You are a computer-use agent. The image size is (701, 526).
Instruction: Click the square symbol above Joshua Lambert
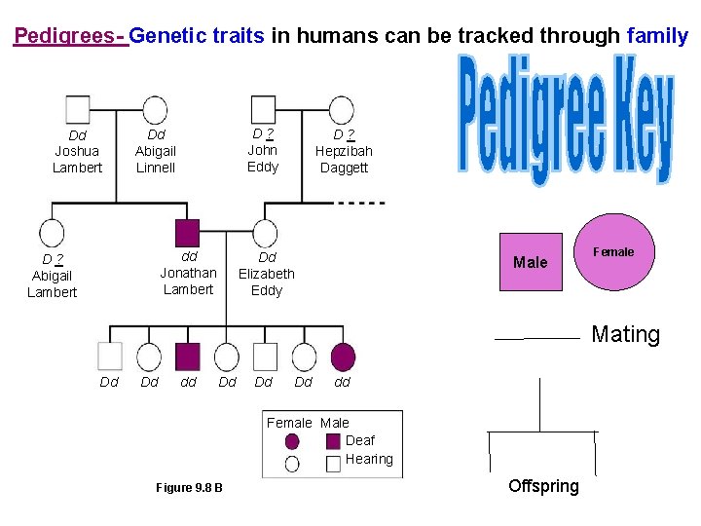pos(77,109)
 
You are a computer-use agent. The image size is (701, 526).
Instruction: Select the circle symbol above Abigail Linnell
pos(153,110)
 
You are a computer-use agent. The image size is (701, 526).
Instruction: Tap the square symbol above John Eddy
pos(263,109)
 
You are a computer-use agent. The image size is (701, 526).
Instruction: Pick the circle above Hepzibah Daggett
pos(340,110)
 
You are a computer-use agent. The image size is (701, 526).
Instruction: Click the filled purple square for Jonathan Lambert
pos(187,233)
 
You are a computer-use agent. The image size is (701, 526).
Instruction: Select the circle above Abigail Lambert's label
pos(52,234)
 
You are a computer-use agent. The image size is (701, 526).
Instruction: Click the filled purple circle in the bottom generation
pos(343,357)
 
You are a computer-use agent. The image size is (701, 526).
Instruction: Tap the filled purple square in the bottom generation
pos(187,357)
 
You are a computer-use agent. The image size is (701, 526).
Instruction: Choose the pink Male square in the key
pos(531,262)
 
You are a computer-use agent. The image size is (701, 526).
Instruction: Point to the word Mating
pos(625,335)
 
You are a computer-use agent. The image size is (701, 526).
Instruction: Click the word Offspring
pos(543,486)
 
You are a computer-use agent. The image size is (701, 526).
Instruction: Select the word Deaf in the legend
pos(360,440)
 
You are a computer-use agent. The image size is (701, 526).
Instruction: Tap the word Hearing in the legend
pos(369,459)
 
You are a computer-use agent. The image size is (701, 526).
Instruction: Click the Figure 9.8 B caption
pos(189,487)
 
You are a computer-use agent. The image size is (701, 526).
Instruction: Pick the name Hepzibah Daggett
pos(344,159)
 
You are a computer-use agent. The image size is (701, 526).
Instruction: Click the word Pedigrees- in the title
pos(69,37)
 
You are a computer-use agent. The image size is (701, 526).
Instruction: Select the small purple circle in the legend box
pos(292,441)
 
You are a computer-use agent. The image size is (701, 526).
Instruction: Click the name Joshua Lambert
pos(77,159)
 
